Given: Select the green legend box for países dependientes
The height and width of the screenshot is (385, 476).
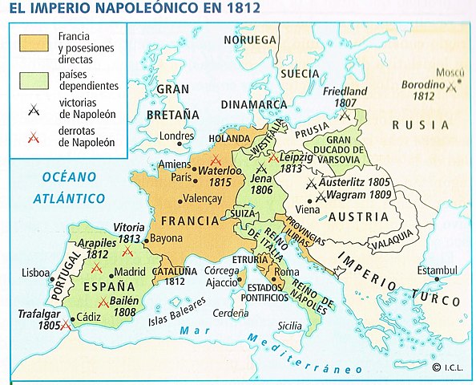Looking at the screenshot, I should tap(33, 79).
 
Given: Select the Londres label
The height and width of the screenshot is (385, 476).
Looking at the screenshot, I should tap(177, 136).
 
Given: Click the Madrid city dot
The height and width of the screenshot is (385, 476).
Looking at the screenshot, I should tap(111, 272).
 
